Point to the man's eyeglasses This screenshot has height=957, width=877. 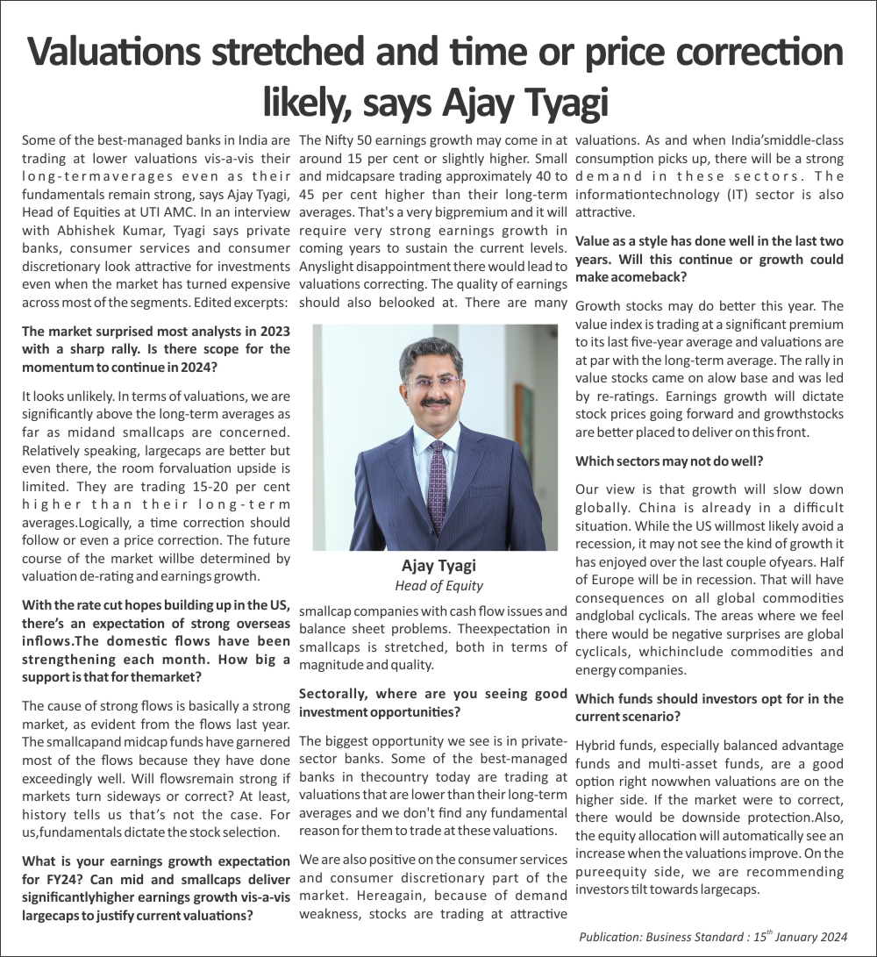pyautogui.click(x=432, y=382)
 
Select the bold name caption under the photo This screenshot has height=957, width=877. pyautogui.click(x=438, y=565)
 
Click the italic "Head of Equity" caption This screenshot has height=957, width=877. pyautogui.click(x=438, y=585)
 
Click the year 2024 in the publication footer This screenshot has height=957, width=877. pyautogui.click(x=831, y=936)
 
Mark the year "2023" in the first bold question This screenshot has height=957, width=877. pyautogui.click(x=275, y=331)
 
